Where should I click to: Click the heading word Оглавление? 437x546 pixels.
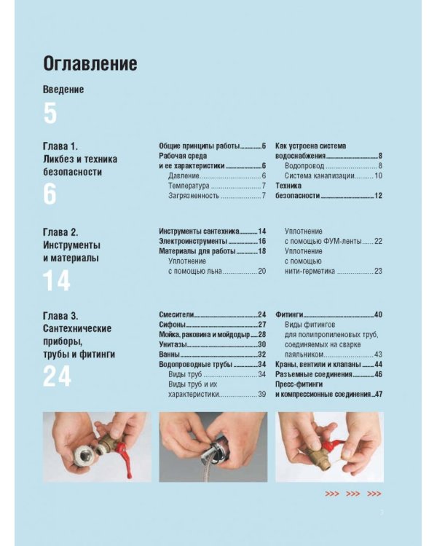(x=90, y=64)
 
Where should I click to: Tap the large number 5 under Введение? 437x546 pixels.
(x=50, y=114)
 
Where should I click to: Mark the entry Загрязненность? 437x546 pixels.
(x=194, y=196)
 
